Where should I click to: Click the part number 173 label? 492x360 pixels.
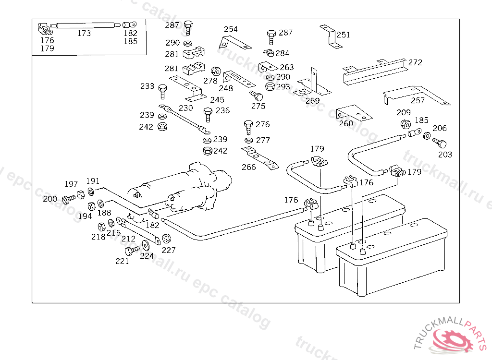pos(84,34)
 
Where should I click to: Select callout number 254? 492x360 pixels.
pos(231,29)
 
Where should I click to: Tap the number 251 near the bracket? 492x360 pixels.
pos(344,35)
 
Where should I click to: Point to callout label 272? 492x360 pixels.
pos(416,62)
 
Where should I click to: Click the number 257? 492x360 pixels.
pos(418,101)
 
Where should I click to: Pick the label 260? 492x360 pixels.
pos(346,123)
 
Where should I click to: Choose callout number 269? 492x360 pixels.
pos(312,101)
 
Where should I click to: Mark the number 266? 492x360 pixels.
pos(249,167)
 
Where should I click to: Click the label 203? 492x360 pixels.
pos(445,155)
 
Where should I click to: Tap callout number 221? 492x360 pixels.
pos(122,261)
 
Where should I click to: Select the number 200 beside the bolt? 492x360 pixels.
pos(50,199)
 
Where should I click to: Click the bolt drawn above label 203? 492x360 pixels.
pos(440,143)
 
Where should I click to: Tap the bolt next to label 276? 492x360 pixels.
pos(248,126)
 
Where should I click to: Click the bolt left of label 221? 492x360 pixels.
pos(131,250)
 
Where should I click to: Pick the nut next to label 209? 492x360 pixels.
pos(405,124)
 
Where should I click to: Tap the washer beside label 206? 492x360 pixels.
pos(427,136)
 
